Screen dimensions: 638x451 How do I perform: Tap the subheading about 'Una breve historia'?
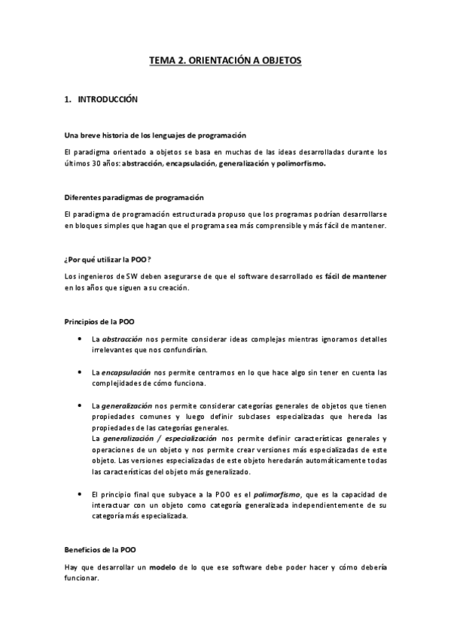tap(155, 135)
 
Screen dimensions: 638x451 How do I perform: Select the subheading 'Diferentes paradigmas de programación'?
tap(134, 198)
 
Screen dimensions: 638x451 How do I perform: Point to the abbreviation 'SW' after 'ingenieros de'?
tap(131, 276)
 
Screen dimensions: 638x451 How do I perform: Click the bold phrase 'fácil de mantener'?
tap(356, 276)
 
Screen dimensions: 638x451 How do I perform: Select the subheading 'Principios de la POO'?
tap(99, 322)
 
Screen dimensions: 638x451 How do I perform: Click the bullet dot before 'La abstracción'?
tap(80, 339)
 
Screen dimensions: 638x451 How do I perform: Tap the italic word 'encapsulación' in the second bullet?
tap(126, 372)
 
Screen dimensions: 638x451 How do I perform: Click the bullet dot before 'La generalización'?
tap(80, 405)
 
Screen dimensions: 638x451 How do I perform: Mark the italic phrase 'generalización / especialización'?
tap(160, 438)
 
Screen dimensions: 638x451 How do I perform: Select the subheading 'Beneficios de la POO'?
tap(100, 550)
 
